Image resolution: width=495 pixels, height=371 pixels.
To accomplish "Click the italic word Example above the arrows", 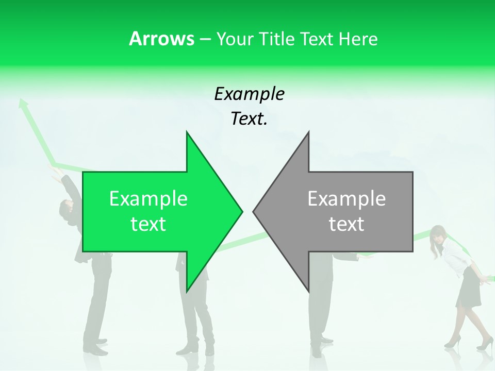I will pyautogui.click(x=249, y=94).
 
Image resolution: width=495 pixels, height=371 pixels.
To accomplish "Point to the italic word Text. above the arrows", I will pyautogui.click(x=249, y=119).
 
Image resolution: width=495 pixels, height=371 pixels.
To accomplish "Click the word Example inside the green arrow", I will pyautogui.click(x=148, y=198).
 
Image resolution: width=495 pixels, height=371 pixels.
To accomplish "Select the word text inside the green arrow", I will pyautogui.click(x=148, y=224).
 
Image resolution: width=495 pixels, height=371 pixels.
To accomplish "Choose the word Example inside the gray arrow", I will pyautogui.click(x=346, y=198).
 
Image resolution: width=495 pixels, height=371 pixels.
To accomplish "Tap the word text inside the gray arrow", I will pyautogui.click(x=346, y=224).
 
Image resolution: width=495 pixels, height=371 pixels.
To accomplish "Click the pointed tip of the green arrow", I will pyautogui.click(x=241, y=211).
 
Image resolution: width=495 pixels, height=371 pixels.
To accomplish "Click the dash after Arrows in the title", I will pyautogui.click(x=204, y=39).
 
